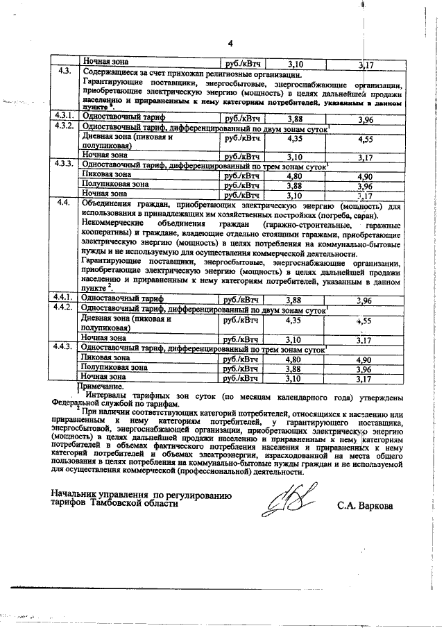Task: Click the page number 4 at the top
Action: pyautogui.click(x=230, y=46)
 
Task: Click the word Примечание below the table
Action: pyautogui.click(x=99, y=387)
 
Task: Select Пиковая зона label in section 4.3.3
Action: pyautogui.click(x=105, y=176)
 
